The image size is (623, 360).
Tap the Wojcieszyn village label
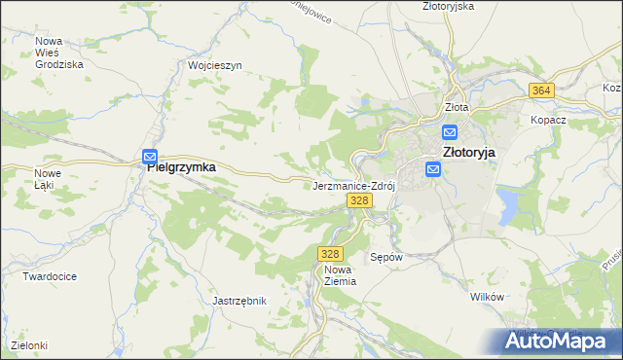tap(214, 65)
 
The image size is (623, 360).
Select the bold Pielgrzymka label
tap(181, 167)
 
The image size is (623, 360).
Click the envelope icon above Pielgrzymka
tap(150, 156)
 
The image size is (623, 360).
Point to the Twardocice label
tap(50, 275)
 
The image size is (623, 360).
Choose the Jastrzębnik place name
tap(239, 301)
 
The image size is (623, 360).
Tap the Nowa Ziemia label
tap(340, 274)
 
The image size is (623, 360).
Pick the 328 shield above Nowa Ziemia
tap(328, 253)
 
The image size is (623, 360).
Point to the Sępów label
tap(386, 258)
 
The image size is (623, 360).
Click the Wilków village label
tap(486, 296)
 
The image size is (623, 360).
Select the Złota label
tap(457, 107)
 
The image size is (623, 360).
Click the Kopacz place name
tap(548, 120)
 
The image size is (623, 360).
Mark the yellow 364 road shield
tap(542, 90)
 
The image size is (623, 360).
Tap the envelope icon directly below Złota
tap(450, 131)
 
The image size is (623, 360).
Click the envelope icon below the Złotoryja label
tap(434, 170)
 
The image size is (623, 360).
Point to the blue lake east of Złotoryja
tap(507, 204)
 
